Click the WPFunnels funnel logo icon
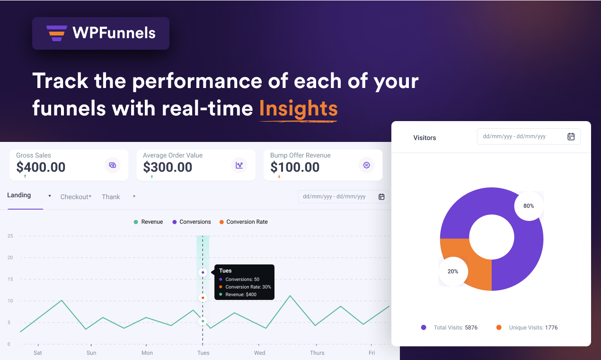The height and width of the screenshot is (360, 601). [57, 33]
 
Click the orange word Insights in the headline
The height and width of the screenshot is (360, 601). [298, 108]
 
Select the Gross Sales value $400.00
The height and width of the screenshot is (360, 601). [41, 167]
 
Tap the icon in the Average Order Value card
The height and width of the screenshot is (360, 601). [239, 165]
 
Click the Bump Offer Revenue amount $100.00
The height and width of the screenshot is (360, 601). [295, 167]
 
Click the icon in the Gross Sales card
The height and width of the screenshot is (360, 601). [113, 165]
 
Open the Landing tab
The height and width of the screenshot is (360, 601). [19, 195]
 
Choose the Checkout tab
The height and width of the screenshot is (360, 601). [74, 197]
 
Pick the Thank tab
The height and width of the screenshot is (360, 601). [111, 197]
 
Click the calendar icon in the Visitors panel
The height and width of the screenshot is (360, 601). [571, 137]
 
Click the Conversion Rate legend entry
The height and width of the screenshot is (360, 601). [247, 222]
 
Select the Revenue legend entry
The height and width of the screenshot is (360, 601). [151, 222]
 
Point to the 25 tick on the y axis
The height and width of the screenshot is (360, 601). [10, 236]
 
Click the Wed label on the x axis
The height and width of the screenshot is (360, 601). [259, 353]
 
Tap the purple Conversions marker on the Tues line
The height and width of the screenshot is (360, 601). [203, 272]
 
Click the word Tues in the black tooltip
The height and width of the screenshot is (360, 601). [225, 271]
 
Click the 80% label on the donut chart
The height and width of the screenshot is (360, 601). [529, 206]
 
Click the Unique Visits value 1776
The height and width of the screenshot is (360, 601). [551, 327]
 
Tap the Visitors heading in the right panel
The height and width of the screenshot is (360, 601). [424, 138]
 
